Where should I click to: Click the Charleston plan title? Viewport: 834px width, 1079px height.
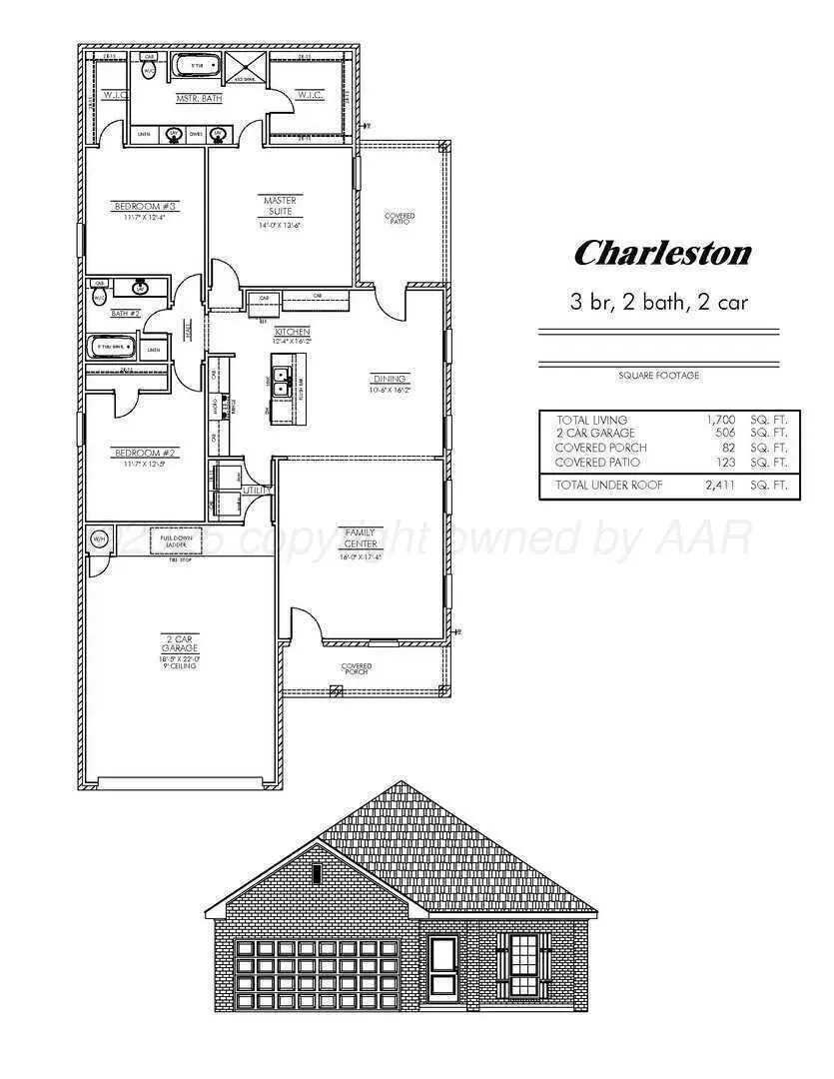(662, 253)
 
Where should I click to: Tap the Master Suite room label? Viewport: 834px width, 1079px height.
(280, 206)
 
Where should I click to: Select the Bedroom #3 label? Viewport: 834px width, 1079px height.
(144, 207)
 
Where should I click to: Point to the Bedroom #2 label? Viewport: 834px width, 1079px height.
(144, 453)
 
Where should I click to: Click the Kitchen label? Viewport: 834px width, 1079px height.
(294, 331)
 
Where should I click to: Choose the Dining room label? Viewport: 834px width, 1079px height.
(390, 379)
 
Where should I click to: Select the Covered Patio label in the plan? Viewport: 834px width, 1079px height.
(400, 218)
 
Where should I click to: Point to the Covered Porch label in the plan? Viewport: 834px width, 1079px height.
(356, 668)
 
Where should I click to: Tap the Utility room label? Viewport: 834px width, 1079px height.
(255, 491)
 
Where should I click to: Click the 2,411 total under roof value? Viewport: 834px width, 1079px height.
(718, 486)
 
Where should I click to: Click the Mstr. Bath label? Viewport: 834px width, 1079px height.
(199, 98)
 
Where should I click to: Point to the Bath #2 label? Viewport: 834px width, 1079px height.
(125, 314)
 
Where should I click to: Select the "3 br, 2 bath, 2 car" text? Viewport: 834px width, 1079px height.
(658, 302)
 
